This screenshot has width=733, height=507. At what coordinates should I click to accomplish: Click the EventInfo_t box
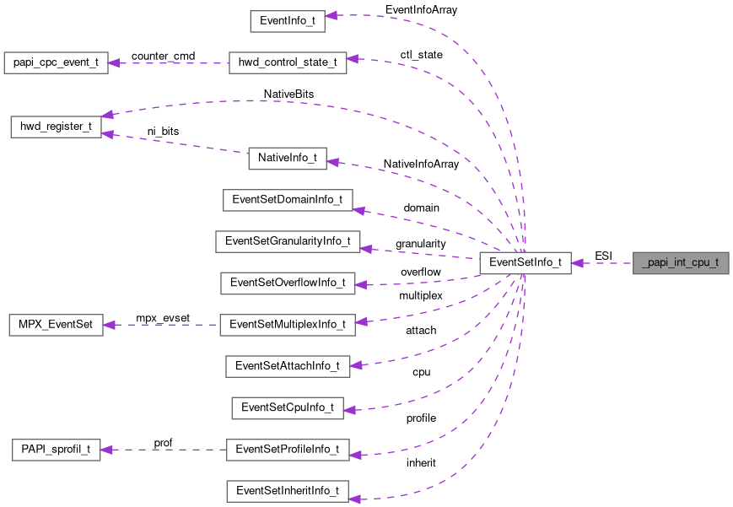[x=288, y=22]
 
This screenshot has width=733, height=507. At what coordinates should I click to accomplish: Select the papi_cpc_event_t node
[x=56, y=63]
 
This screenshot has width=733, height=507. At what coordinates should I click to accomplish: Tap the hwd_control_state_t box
[x=288, y=63]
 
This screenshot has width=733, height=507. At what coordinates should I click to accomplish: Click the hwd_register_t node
[x=56, y=127]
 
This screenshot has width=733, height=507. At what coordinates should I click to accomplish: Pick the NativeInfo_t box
[x=288, y=158]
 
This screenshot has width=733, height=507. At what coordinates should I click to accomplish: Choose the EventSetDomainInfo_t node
[x=288, y=200]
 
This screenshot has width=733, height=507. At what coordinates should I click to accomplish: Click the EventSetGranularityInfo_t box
[x=288, y=241]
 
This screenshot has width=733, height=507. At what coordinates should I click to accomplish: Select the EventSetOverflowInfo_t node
[x=288, y=283]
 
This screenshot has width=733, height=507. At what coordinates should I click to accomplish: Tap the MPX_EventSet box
[x=56, y=325]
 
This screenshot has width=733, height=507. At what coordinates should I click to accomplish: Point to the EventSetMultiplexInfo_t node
[x=288, y=325]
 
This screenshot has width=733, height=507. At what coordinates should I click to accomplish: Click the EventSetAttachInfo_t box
[x=288, y=366]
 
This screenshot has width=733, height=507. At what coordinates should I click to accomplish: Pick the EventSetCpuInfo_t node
[x=288, y=407]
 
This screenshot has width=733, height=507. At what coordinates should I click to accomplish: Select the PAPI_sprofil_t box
[x=56, y=449]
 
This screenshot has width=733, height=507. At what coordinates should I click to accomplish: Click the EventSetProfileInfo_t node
[x=288, y=449]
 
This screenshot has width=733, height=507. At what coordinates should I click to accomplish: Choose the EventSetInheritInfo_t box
[x=288, y=490]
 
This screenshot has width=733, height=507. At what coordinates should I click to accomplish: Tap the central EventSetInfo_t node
[x=525, y=262]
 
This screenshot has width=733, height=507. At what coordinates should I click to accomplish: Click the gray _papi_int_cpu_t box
[x=681, y=262]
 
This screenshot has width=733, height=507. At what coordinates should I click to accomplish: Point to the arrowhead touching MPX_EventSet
[x=110, y=325]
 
